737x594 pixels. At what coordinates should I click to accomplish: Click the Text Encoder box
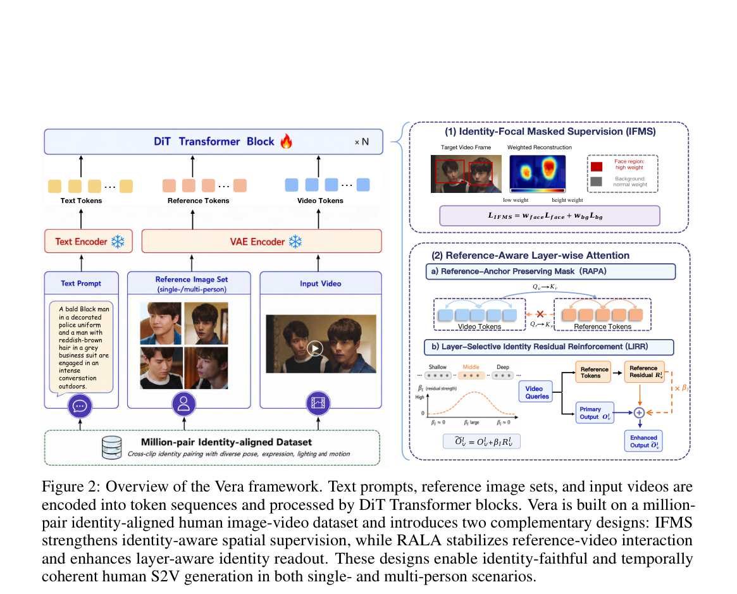tap(89, 241)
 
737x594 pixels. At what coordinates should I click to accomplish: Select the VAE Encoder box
tap(261, 241)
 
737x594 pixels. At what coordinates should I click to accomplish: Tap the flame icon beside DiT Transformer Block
tap(286, 141)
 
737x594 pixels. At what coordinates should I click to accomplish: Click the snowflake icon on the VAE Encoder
tap(295, 242)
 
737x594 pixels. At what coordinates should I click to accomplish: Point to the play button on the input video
tap(315, 348)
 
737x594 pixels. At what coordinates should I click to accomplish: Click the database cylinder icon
tap(112, 447)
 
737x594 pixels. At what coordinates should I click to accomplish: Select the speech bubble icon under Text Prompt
tap(80, 405)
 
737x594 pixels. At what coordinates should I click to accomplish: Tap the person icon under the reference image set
tap(184, 404)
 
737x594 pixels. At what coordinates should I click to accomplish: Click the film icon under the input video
tap(318, 403)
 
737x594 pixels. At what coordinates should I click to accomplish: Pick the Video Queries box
tap(536, 392)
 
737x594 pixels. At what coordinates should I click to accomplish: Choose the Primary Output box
tap(595, 412)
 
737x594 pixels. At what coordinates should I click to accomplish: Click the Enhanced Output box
tap(643, 441)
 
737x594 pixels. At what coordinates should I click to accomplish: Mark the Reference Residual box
tap(645, 371)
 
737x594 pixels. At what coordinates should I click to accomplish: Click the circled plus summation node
tap(639, 412)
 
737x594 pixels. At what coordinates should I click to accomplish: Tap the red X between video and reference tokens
tap(540, 314)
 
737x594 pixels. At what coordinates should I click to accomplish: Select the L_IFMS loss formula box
tap(550, 216)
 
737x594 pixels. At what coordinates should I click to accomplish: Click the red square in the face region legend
tap(597, 166)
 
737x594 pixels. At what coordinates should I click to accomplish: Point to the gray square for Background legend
tap(597, 182)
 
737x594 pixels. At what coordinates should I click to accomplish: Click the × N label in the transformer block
tap(361, 142)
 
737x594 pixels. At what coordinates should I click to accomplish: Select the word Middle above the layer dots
tap(471, 367)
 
